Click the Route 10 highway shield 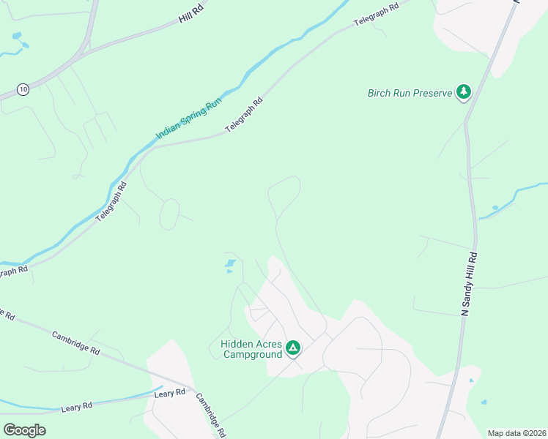[23, 89]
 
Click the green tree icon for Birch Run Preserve [463, 92]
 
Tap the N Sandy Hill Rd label [469, 284]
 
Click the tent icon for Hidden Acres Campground [293, 348]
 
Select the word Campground [252, 354]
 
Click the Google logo [24, 429]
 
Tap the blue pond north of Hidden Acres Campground [230, 263]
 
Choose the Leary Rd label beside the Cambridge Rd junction [169, 394]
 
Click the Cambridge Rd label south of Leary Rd [210, 415]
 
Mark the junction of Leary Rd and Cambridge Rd [192, 389]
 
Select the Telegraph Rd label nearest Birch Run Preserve [375, 14]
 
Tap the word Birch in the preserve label [381, 94]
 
